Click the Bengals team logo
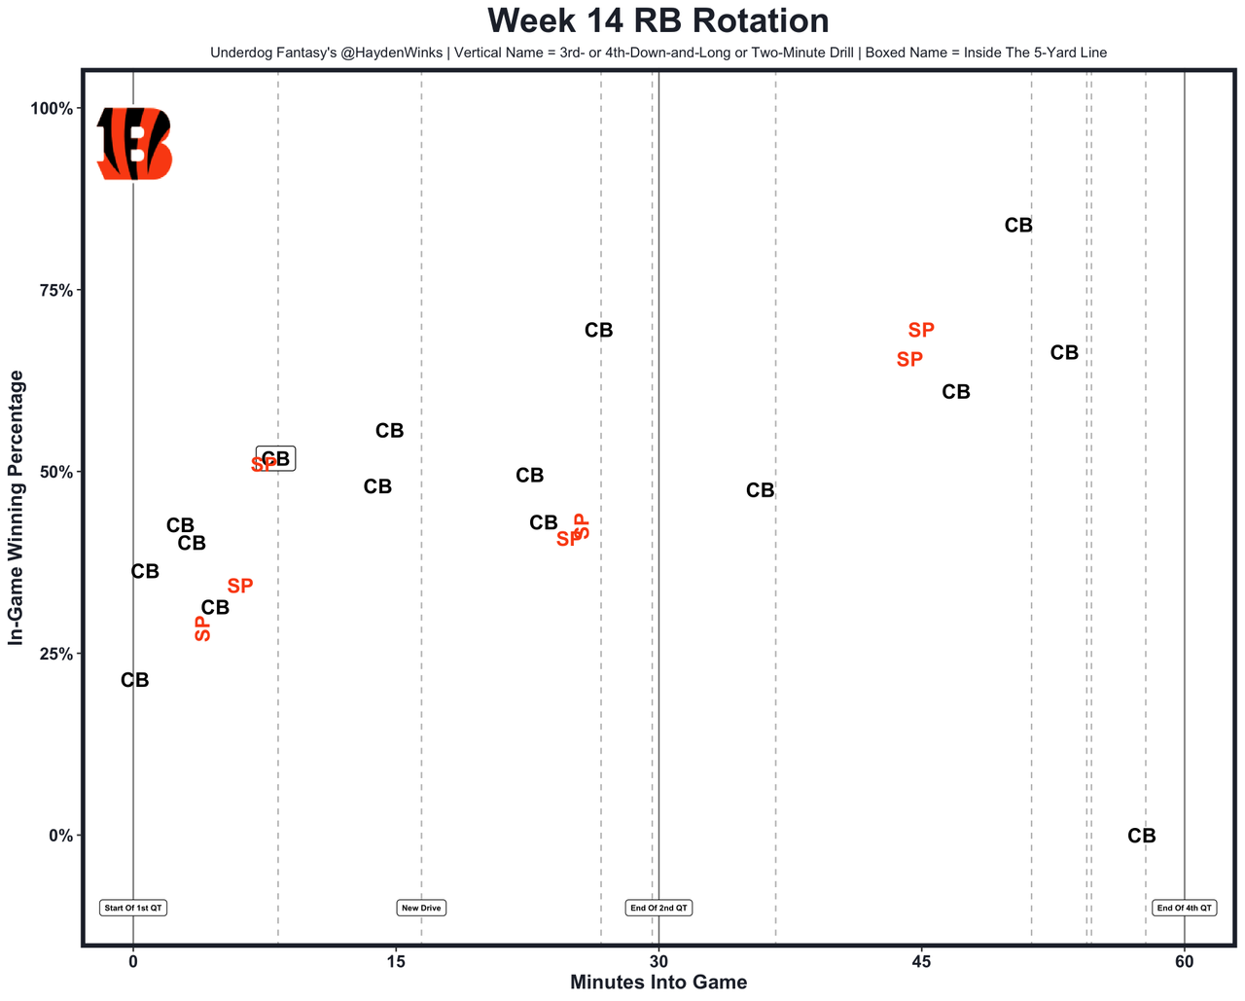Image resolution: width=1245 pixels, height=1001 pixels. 134,143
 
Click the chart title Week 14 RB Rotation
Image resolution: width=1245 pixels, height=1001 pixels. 658,20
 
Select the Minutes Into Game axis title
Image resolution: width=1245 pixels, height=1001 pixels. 658,983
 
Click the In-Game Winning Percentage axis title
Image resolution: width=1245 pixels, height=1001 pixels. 16,508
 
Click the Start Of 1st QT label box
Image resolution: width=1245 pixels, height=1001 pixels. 133,908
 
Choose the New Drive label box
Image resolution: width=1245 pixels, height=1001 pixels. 421,908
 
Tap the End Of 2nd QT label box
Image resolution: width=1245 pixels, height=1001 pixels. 658,908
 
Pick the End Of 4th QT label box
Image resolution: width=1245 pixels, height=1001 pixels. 1184,908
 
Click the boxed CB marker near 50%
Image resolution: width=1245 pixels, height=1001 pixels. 276,458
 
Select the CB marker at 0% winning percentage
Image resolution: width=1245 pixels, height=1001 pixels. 1142,836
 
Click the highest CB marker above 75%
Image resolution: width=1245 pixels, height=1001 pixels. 1018,225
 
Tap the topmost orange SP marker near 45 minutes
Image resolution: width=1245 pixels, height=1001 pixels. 921,331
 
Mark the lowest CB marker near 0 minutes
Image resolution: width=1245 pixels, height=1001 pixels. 135,681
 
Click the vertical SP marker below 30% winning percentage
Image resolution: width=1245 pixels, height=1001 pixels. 202,627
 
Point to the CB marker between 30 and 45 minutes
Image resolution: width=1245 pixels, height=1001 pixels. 761,491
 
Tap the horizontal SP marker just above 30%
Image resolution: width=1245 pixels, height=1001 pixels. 240,586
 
